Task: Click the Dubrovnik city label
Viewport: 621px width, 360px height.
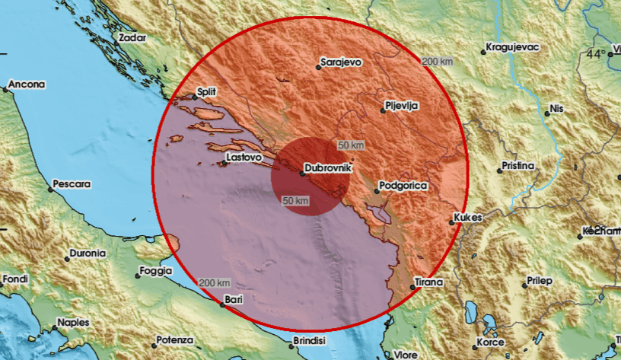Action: point(327,168)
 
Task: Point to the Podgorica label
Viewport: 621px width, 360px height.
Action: point(403,186)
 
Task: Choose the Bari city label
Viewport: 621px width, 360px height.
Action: point(234,300)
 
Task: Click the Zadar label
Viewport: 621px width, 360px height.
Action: point(132,36)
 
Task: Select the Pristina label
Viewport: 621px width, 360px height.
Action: point(518,165)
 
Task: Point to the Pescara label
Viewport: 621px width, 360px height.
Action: point(72,184)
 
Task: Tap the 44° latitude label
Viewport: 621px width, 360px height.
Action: point(597,54)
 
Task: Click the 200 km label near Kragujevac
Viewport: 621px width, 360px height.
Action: point(437,60)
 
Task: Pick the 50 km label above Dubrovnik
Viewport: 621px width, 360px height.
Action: point(351,145)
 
